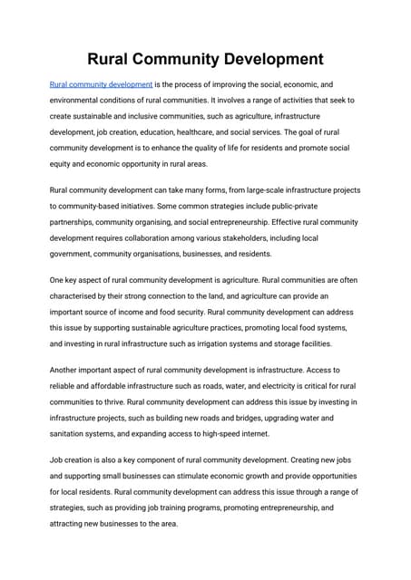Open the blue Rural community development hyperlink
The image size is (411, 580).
(101, 84)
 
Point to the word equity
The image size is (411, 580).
(63, 164)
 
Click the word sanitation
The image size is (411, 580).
(73, 434)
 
